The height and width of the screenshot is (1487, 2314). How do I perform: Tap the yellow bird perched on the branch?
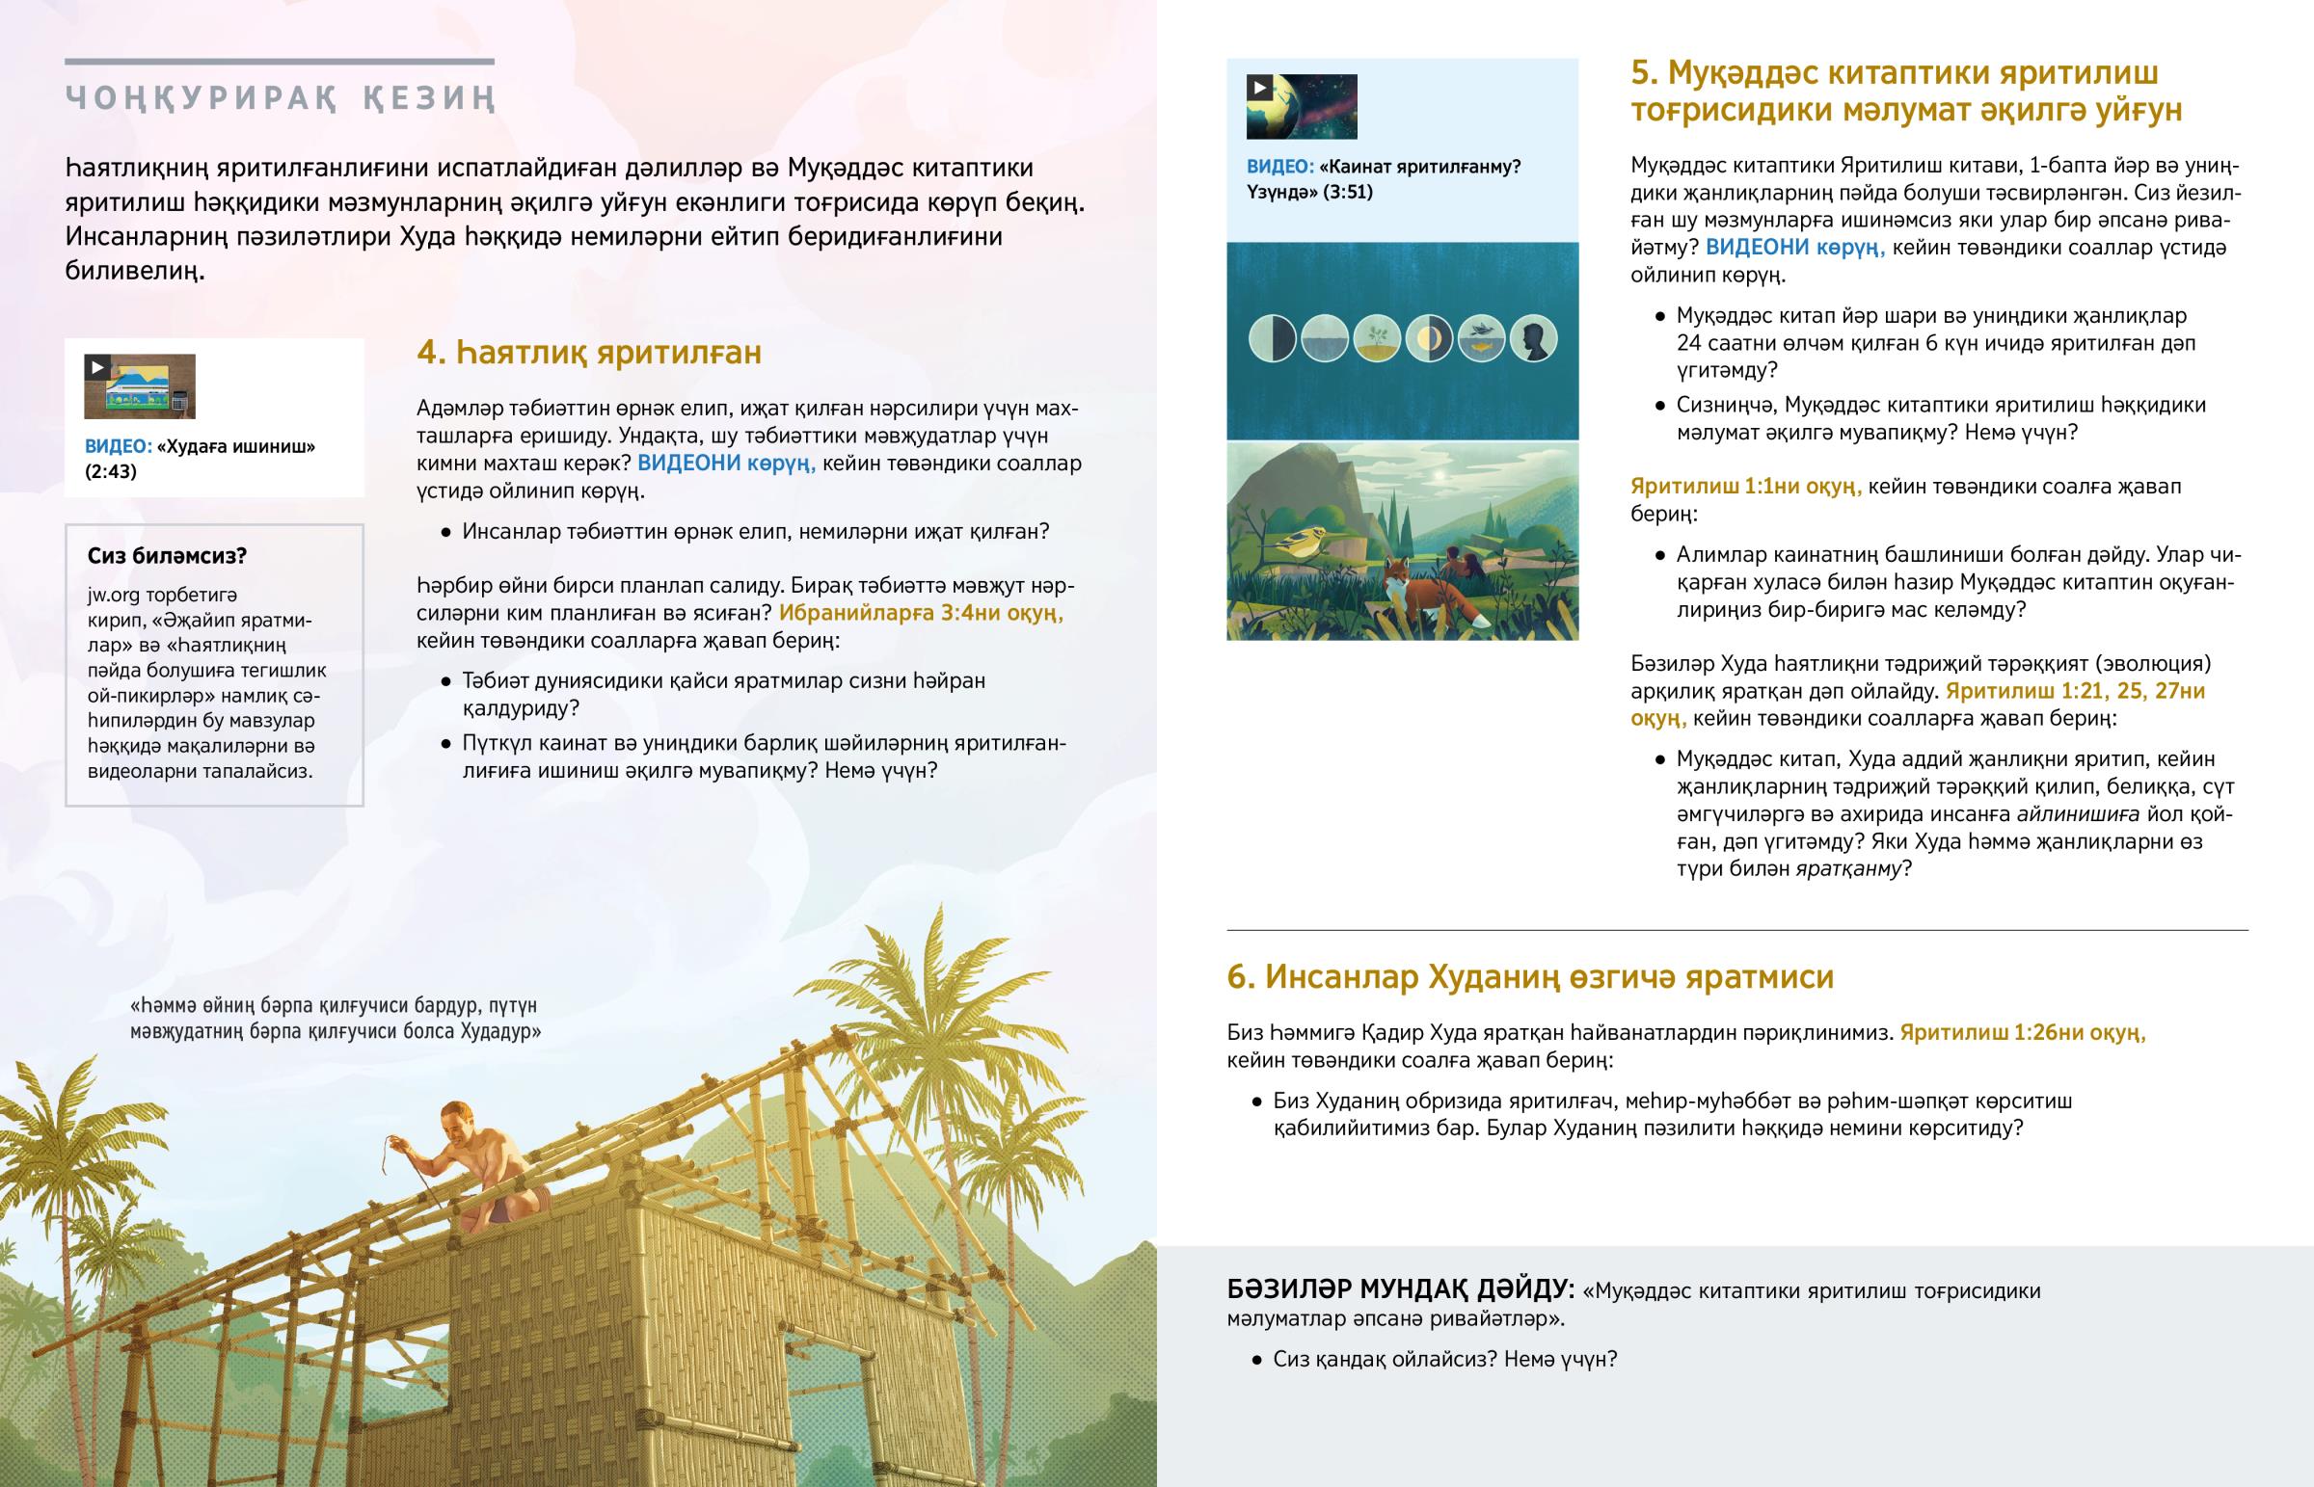[1294, 547]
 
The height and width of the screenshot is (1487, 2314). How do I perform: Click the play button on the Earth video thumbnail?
[1259, 88]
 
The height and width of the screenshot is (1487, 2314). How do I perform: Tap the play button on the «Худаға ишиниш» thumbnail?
[96, 368]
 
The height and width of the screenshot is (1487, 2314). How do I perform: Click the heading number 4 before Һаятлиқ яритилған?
[431, 354]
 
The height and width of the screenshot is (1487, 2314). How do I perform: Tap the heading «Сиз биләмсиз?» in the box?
[167, 556]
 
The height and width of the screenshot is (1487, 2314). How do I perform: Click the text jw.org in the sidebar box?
[112, 595]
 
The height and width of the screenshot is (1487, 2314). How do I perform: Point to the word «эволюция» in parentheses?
[2160, 664]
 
